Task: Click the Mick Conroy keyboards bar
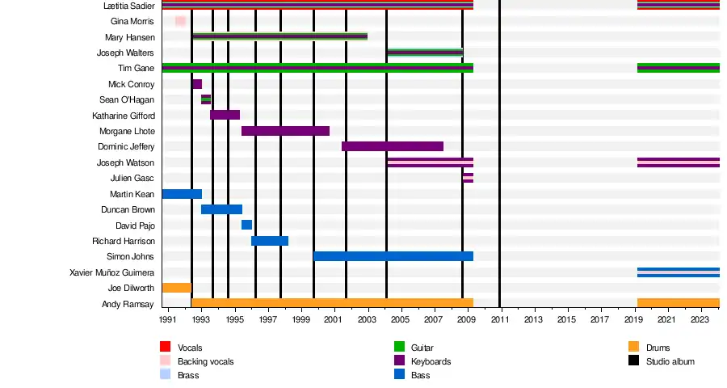197,84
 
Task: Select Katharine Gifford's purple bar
225,115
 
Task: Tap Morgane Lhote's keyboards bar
285,131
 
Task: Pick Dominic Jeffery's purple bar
392,146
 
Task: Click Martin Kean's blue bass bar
182,194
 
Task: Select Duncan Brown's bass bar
221,209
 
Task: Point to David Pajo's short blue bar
246,225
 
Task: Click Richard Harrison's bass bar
270,241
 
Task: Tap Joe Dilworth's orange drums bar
176,288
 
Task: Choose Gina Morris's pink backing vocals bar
180,21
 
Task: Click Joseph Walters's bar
425,53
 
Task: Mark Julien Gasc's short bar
468,178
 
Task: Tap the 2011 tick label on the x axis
500,320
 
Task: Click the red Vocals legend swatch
165,347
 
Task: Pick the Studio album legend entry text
670,361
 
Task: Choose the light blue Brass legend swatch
165,375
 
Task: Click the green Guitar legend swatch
399,347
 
